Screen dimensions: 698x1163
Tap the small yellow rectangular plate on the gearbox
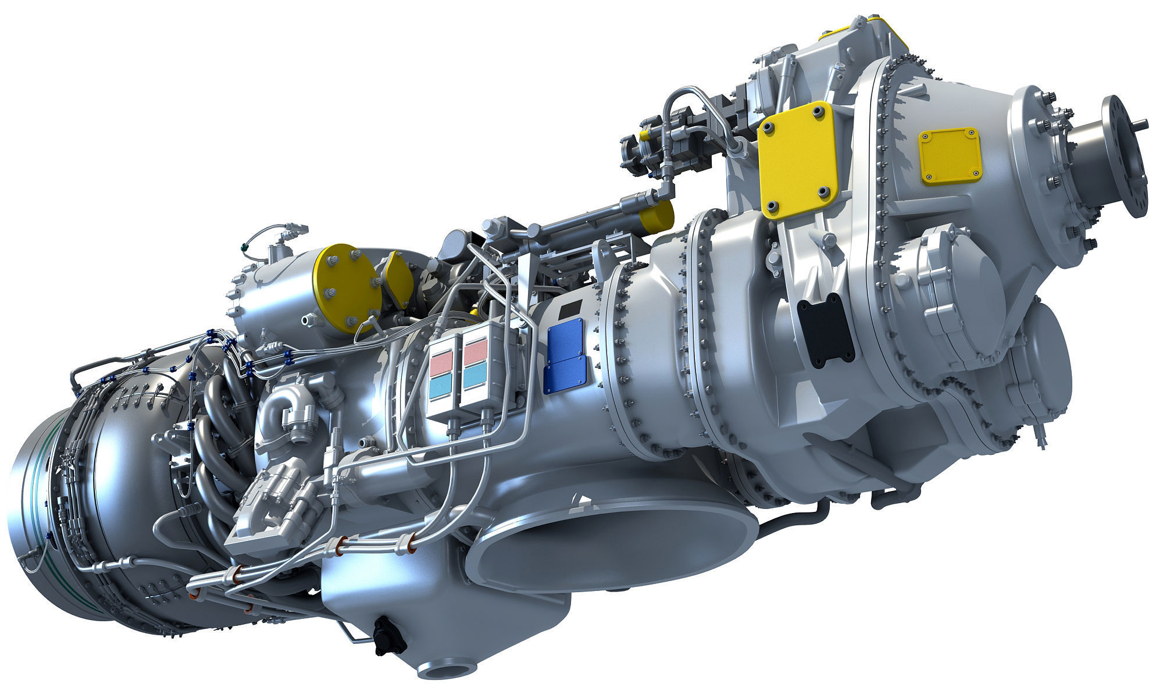(950, 156)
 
